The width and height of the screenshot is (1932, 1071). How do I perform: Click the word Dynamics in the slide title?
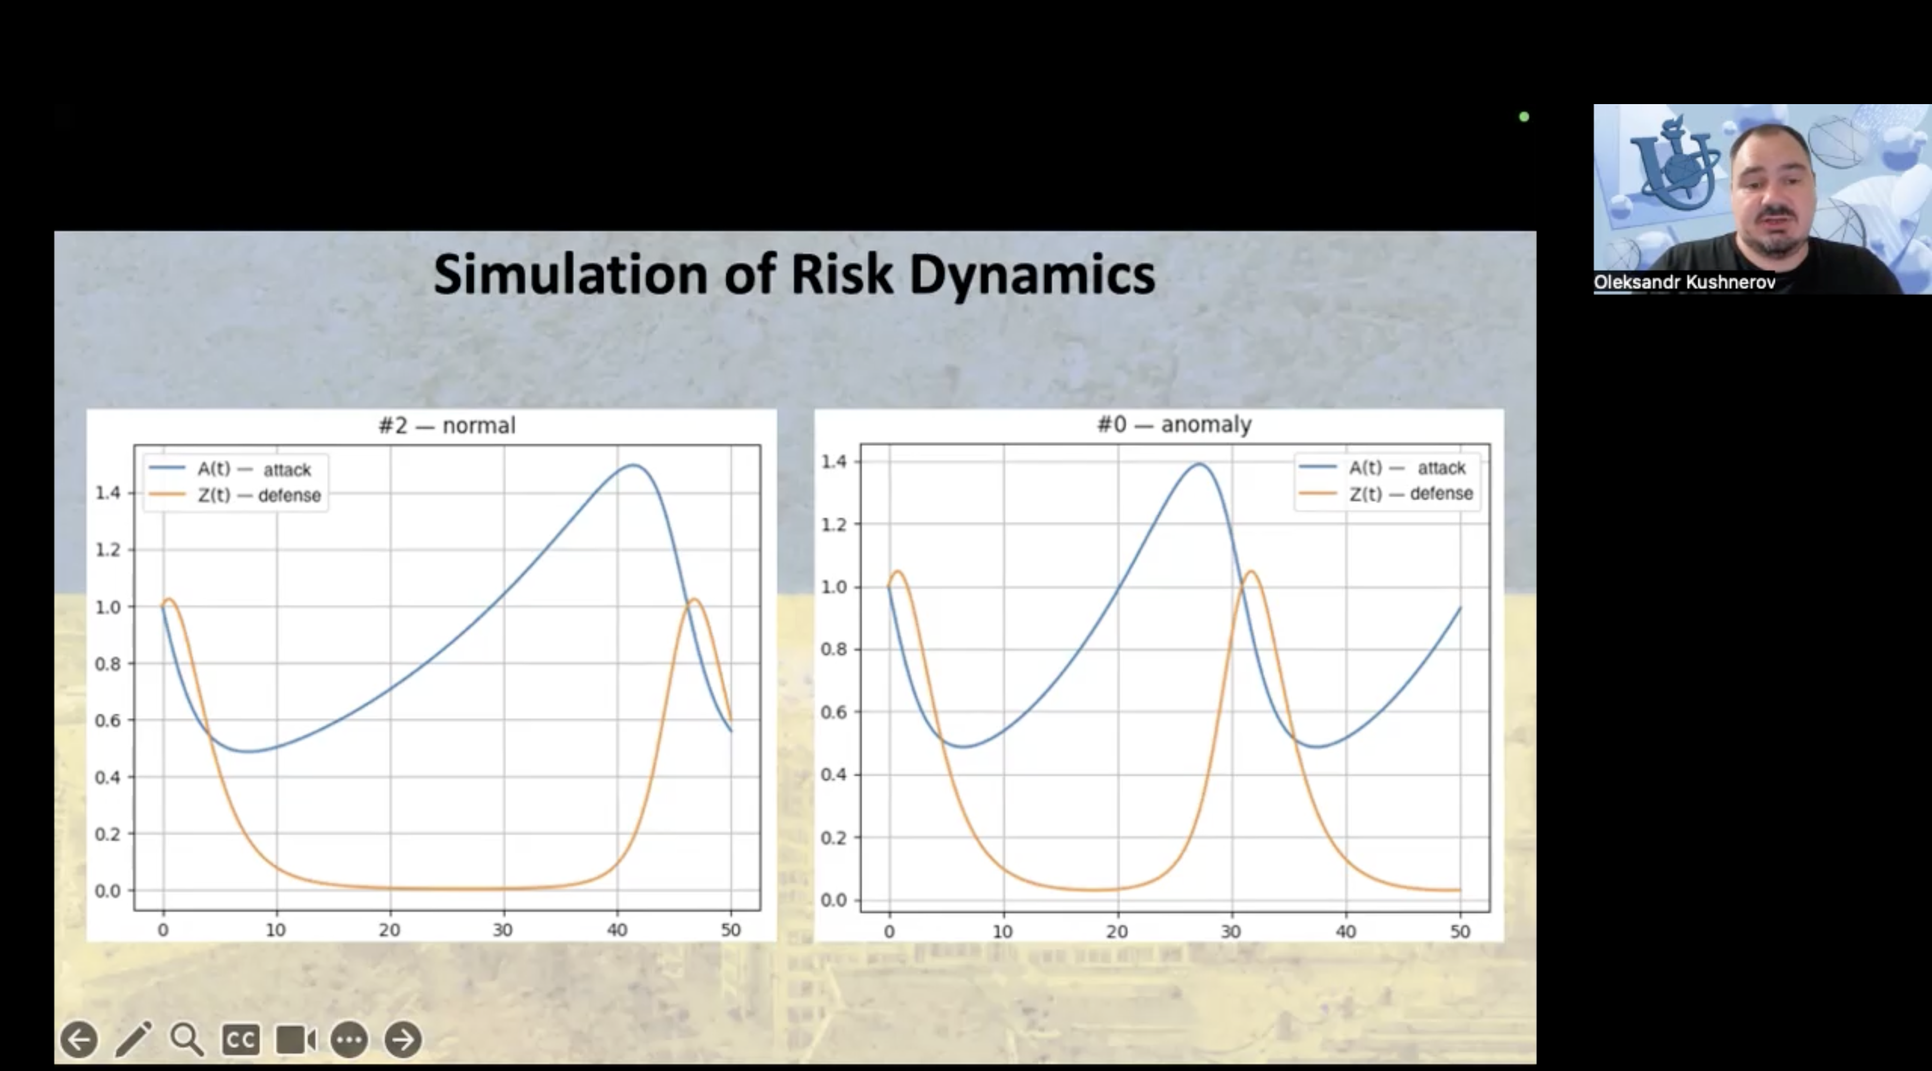click(x=1032, y=275)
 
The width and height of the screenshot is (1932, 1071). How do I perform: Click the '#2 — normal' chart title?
click(x=447, y=426)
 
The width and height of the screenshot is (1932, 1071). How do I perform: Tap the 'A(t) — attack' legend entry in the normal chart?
click(x=230, y=469)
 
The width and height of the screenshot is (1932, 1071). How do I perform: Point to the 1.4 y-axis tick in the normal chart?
click(x=107, y=493)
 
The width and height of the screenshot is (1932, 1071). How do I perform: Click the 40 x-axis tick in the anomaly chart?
click(x=1345, y=931)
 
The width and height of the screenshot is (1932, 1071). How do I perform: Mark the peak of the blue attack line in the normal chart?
click(x=634, y=465)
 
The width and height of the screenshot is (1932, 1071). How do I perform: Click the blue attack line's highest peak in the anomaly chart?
click(x=1200, y=464)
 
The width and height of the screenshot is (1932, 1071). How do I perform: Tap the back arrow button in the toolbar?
click(x=79, y=1039)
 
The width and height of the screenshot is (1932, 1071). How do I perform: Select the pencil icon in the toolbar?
click(x=134, y=1039)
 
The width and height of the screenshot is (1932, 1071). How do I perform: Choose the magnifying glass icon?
click(x=187, y=1039)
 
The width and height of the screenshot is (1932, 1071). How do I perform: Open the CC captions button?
click(x=241, y=1039)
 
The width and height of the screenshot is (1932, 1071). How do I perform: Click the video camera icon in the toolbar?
click(x=296, y=1039)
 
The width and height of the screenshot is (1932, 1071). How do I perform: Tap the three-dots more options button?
click(x=349, y=1039)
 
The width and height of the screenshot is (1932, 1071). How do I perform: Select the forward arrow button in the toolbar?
click(x=402, y=1039)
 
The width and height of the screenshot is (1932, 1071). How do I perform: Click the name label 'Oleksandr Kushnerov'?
click(x=1685, y=282)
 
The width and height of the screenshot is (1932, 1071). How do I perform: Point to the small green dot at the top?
click(x=1524, y=116)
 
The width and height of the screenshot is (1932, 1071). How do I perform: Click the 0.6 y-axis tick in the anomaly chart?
click(x=834, y=711)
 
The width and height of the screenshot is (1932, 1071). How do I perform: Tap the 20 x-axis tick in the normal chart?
click(x=389, y=930)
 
